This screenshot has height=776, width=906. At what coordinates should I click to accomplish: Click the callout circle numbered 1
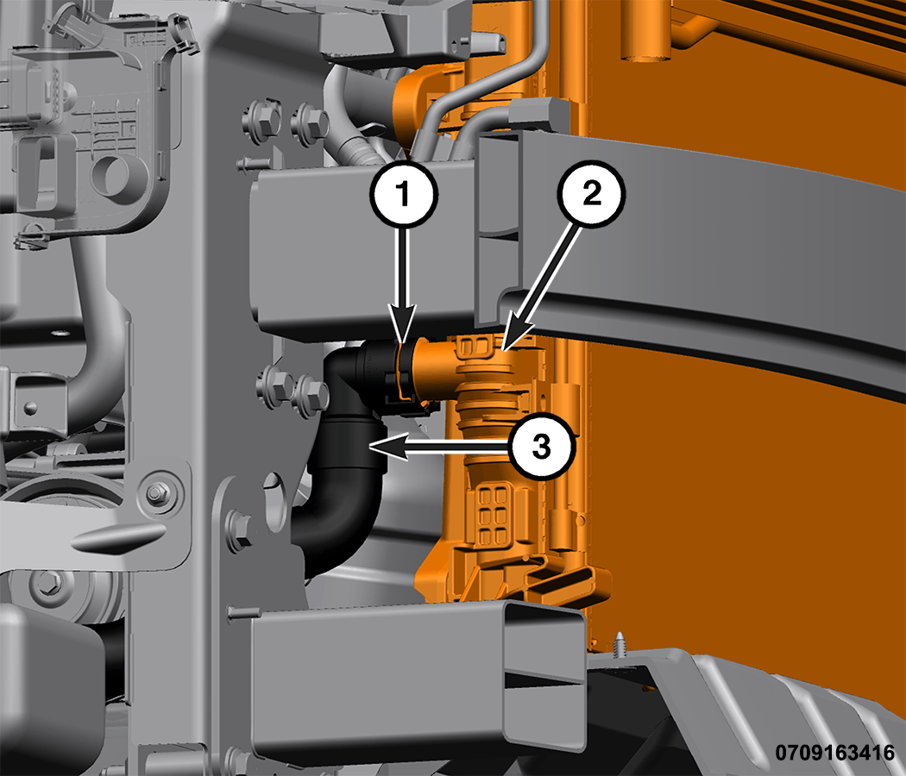(403, 194)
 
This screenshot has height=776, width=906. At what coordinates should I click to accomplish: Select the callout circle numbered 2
(592, 193)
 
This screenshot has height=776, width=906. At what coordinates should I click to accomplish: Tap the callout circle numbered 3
(541, 447)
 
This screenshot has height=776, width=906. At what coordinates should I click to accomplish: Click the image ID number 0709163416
(834, 753)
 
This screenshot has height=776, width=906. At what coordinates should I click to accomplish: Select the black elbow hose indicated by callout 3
(342, 462)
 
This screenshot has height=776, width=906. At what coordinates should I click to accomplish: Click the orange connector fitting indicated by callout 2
(462, 370)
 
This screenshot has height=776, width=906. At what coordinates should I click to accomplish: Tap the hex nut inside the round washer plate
(155, 494)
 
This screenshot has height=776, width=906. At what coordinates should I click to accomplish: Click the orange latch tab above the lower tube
(569, 580)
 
